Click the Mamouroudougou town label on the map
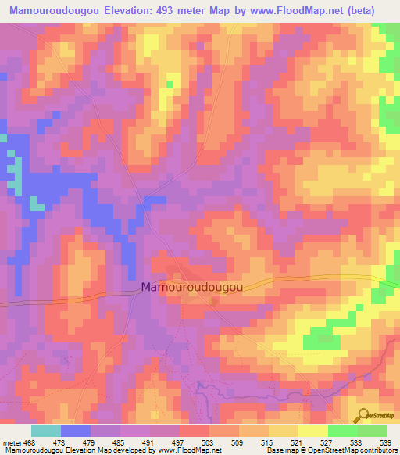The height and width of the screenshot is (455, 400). click(191, 288)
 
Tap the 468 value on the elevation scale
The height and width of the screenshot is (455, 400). click(28, 442)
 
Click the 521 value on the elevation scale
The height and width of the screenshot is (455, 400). click(298, 442)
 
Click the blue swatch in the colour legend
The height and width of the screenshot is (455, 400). click(76, 431)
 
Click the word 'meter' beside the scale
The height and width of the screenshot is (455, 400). click(11, 442)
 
